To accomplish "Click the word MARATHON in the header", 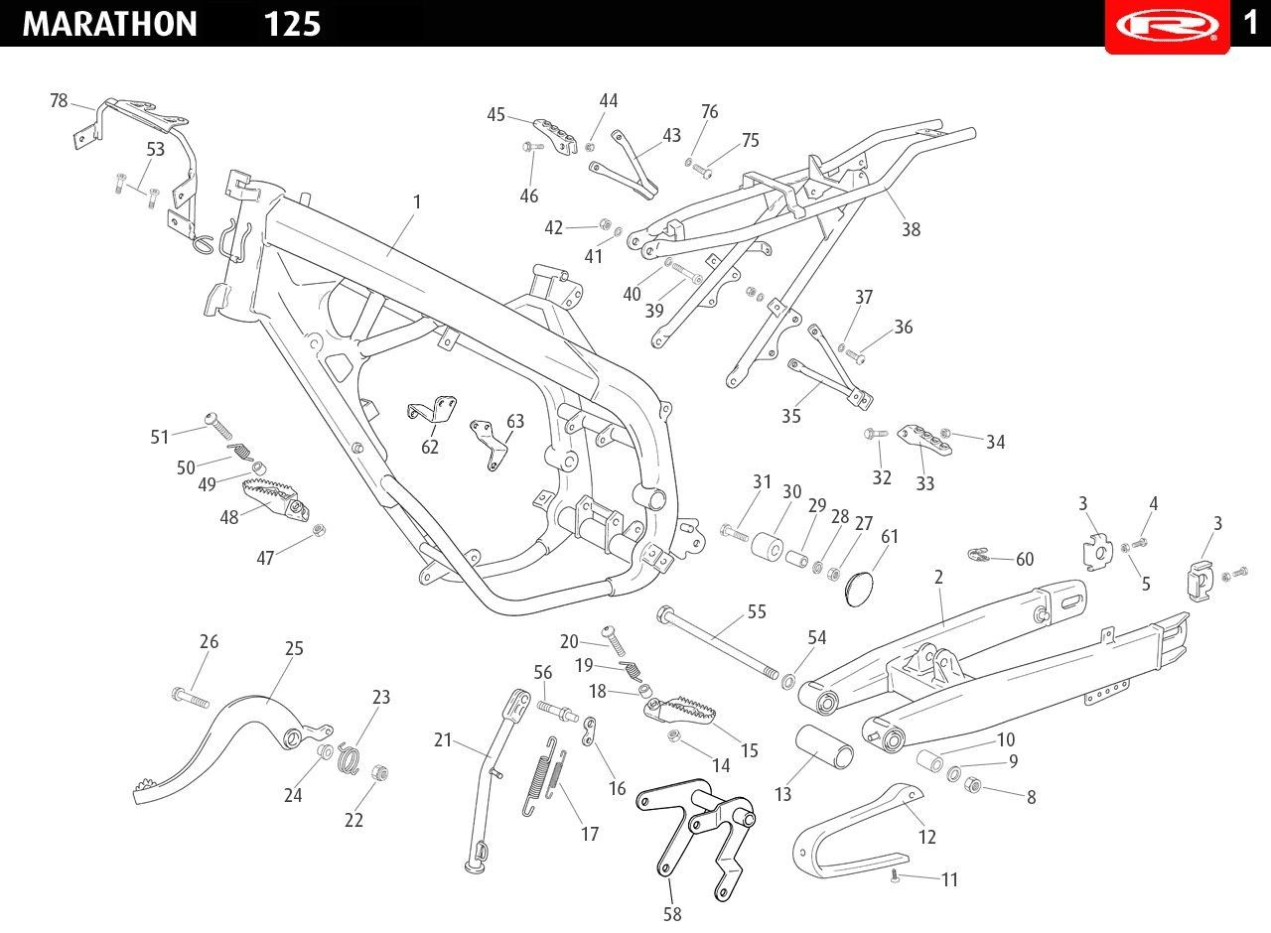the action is click(x=110, y=24).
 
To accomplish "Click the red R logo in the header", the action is click(x=1167, y=25).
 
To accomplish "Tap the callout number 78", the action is click(x=59, y=100).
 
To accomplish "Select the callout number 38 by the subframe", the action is click(x=912, y=229).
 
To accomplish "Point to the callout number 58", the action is click(x=672, y=914).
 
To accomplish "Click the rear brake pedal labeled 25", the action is click(x=232, y=748).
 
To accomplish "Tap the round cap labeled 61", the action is click(x=860, y=589).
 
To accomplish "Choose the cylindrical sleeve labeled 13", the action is click(x=824, y=746).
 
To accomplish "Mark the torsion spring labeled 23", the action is click(x=349, y=758).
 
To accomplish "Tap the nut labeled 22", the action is click(x=379, y=772).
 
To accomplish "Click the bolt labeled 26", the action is click(x=190, y=698).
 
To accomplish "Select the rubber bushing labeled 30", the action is click(x=768, y=546).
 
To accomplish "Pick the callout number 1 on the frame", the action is click(x=417, y=201).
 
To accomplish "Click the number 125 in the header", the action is click(x=292, y=25).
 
